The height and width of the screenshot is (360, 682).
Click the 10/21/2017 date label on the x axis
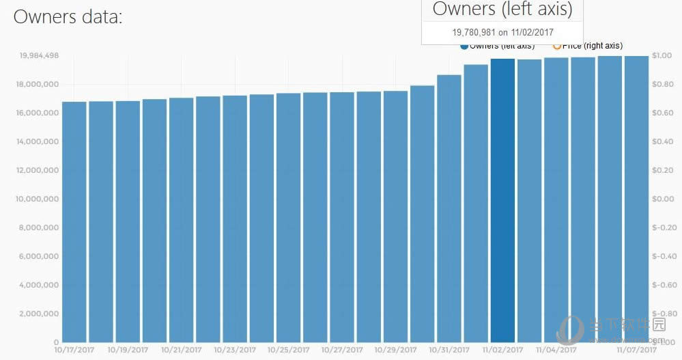182,349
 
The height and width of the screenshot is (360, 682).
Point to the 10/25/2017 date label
289,349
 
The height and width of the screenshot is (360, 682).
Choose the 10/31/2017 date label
449,349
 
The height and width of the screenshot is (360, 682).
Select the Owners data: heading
68,17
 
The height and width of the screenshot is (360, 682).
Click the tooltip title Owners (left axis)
502,10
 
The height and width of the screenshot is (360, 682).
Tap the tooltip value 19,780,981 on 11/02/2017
502,31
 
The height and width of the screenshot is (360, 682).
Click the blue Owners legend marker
464,46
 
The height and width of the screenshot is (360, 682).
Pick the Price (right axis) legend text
592,46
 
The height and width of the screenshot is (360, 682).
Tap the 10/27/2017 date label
342,349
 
